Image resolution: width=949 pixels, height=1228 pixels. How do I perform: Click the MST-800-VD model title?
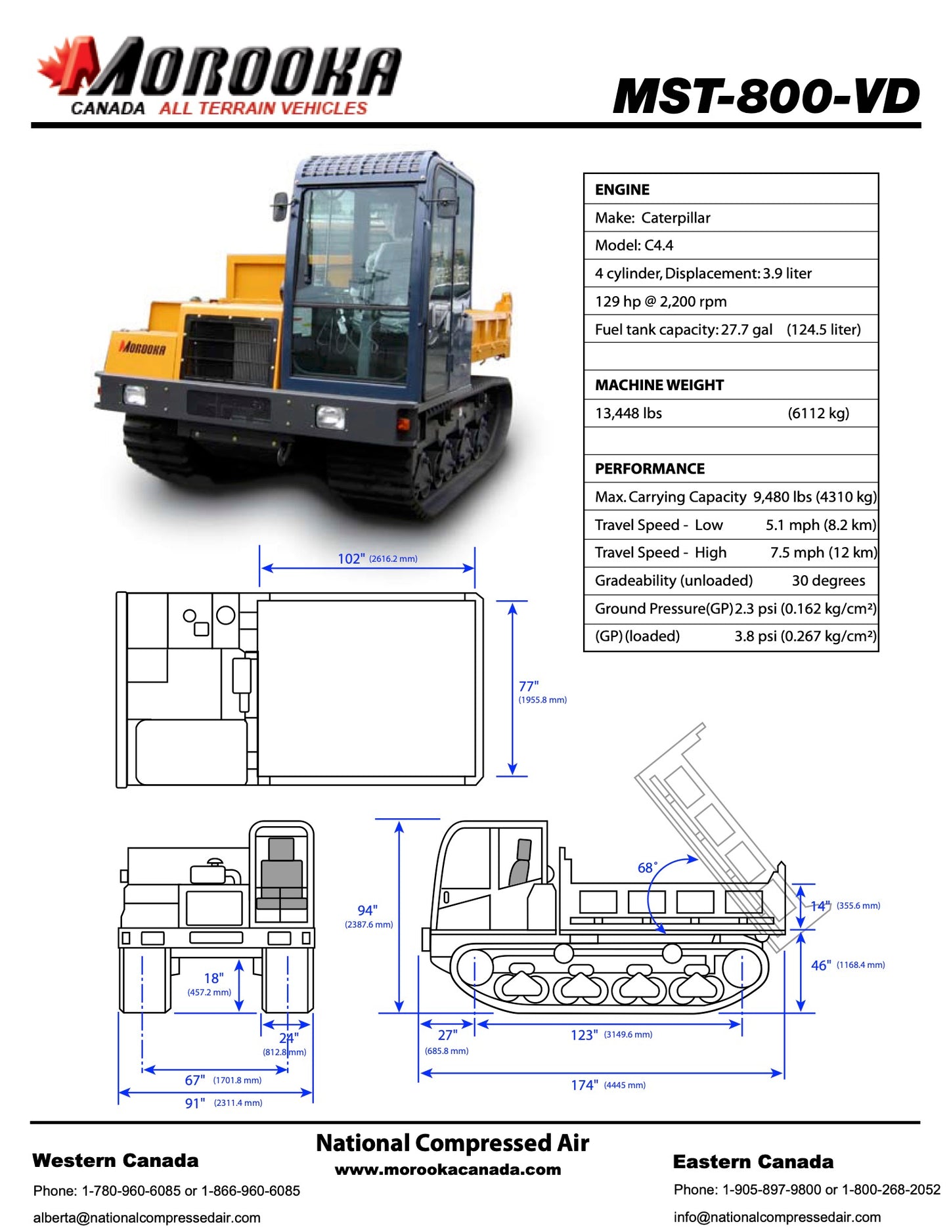pyautogui.click(x=766, y=97)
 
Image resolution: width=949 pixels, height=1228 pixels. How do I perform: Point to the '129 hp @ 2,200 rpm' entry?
pyautogui.click(x=661, y=301)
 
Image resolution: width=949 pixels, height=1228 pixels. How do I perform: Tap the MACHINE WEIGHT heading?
pyautogui.click(x=659, y=385)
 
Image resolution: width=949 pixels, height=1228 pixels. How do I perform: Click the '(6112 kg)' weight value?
pyautogui.click(x=818, y=413)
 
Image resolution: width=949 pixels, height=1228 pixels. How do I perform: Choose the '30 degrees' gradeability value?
pyautogui.click(x=828, y=581)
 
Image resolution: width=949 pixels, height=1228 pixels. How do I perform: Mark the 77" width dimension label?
pyautogui.click(x=529, y=687)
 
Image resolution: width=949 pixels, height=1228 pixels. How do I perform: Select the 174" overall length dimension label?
pyautogui.click(x=585, y=1085)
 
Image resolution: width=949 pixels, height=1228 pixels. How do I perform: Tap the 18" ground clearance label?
pyautogui.click(x=213, y=978)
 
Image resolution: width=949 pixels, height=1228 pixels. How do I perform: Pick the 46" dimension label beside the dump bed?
pyautogui.click(x=821, y=965)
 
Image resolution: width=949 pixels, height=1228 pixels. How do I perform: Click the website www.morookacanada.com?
pyautogui.click(x=448, y=1170)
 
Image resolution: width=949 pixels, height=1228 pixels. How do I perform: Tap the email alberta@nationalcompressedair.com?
pyautogui.click(x=146, y=1217)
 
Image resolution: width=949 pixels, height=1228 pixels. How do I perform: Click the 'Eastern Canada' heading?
pyautogui.click(x=753, y=1162)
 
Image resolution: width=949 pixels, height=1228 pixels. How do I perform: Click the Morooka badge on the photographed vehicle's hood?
pyautogui.click(x=143, y=348)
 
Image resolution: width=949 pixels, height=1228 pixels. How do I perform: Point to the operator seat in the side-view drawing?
pyautogui.click(x=520, y=864)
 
